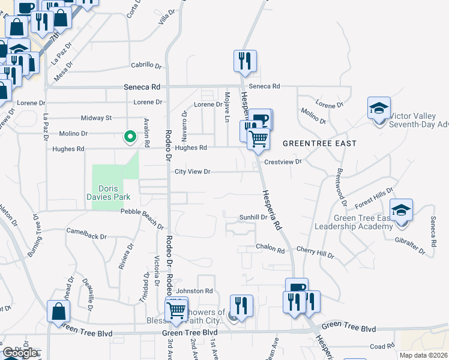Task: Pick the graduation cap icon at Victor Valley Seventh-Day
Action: coord(379,109)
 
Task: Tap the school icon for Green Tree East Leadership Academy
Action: coord(401,211)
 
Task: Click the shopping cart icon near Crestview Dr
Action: coord(258,138)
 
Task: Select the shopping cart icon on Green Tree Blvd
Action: coord(176,310)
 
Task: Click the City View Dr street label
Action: coord(192,172)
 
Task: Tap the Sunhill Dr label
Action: coord(253,217)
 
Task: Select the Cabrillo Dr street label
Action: coord(147,66)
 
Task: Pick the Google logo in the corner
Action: coord(20,353)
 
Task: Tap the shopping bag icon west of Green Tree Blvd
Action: coord(59,312)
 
